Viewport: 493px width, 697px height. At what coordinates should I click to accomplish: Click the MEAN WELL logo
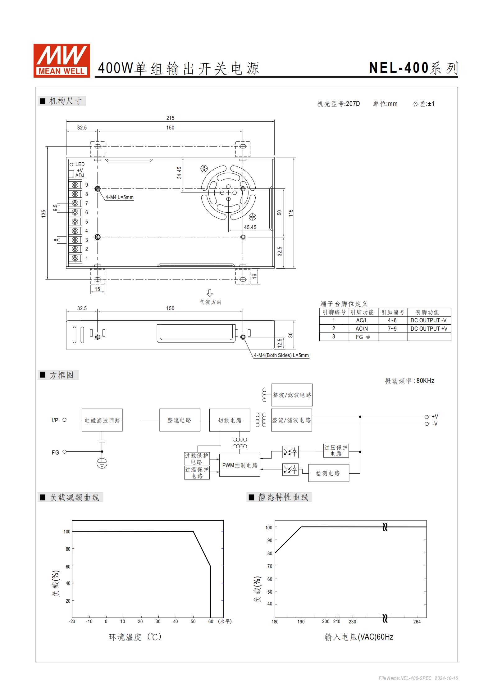tap(62, 61)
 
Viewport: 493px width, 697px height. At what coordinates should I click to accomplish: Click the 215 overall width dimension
tap(170, 118)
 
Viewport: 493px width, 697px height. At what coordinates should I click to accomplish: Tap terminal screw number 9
tap(75, 185)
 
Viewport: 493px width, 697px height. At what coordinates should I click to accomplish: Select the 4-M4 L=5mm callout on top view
tap(119, 197)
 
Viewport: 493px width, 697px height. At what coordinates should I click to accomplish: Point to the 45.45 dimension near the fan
tap(250, 227)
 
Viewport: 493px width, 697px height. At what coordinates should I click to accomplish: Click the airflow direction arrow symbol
tap(210, 293)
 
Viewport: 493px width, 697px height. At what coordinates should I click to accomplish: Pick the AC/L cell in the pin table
tap(362, 320)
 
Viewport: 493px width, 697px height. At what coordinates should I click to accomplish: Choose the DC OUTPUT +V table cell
tap(429, 328)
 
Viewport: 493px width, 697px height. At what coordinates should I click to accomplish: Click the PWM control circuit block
tap(240, 465)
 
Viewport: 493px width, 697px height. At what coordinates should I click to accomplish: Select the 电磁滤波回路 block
tap(102, 420)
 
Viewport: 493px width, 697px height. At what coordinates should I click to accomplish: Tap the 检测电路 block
tap(328, 473)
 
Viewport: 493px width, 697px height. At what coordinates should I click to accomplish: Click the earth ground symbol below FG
tap(102, 463)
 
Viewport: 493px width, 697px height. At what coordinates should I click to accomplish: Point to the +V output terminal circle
tap(427, 417)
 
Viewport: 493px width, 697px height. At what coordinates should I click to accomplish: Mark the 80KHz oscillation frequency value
tap(425, 381)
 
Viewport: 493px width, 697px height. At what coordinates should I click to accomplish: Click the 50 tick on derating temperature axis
tap(193, 621)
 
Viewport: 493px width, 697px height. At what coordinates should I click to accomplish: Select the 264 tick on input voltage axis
tap(417, 622)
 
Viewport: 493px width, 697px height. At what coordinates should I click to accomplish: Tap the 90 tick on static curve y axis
tap(270, 540)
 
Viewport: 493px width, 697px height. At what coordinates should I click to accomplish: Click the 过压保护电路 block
tap(336, 450)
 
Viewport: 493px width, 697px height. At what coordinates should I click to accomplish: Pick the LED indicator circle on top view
tap(71, 165)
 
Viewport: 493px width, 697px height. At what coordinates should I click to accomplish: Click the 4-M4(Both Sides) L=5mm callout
tap(281, 355)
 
